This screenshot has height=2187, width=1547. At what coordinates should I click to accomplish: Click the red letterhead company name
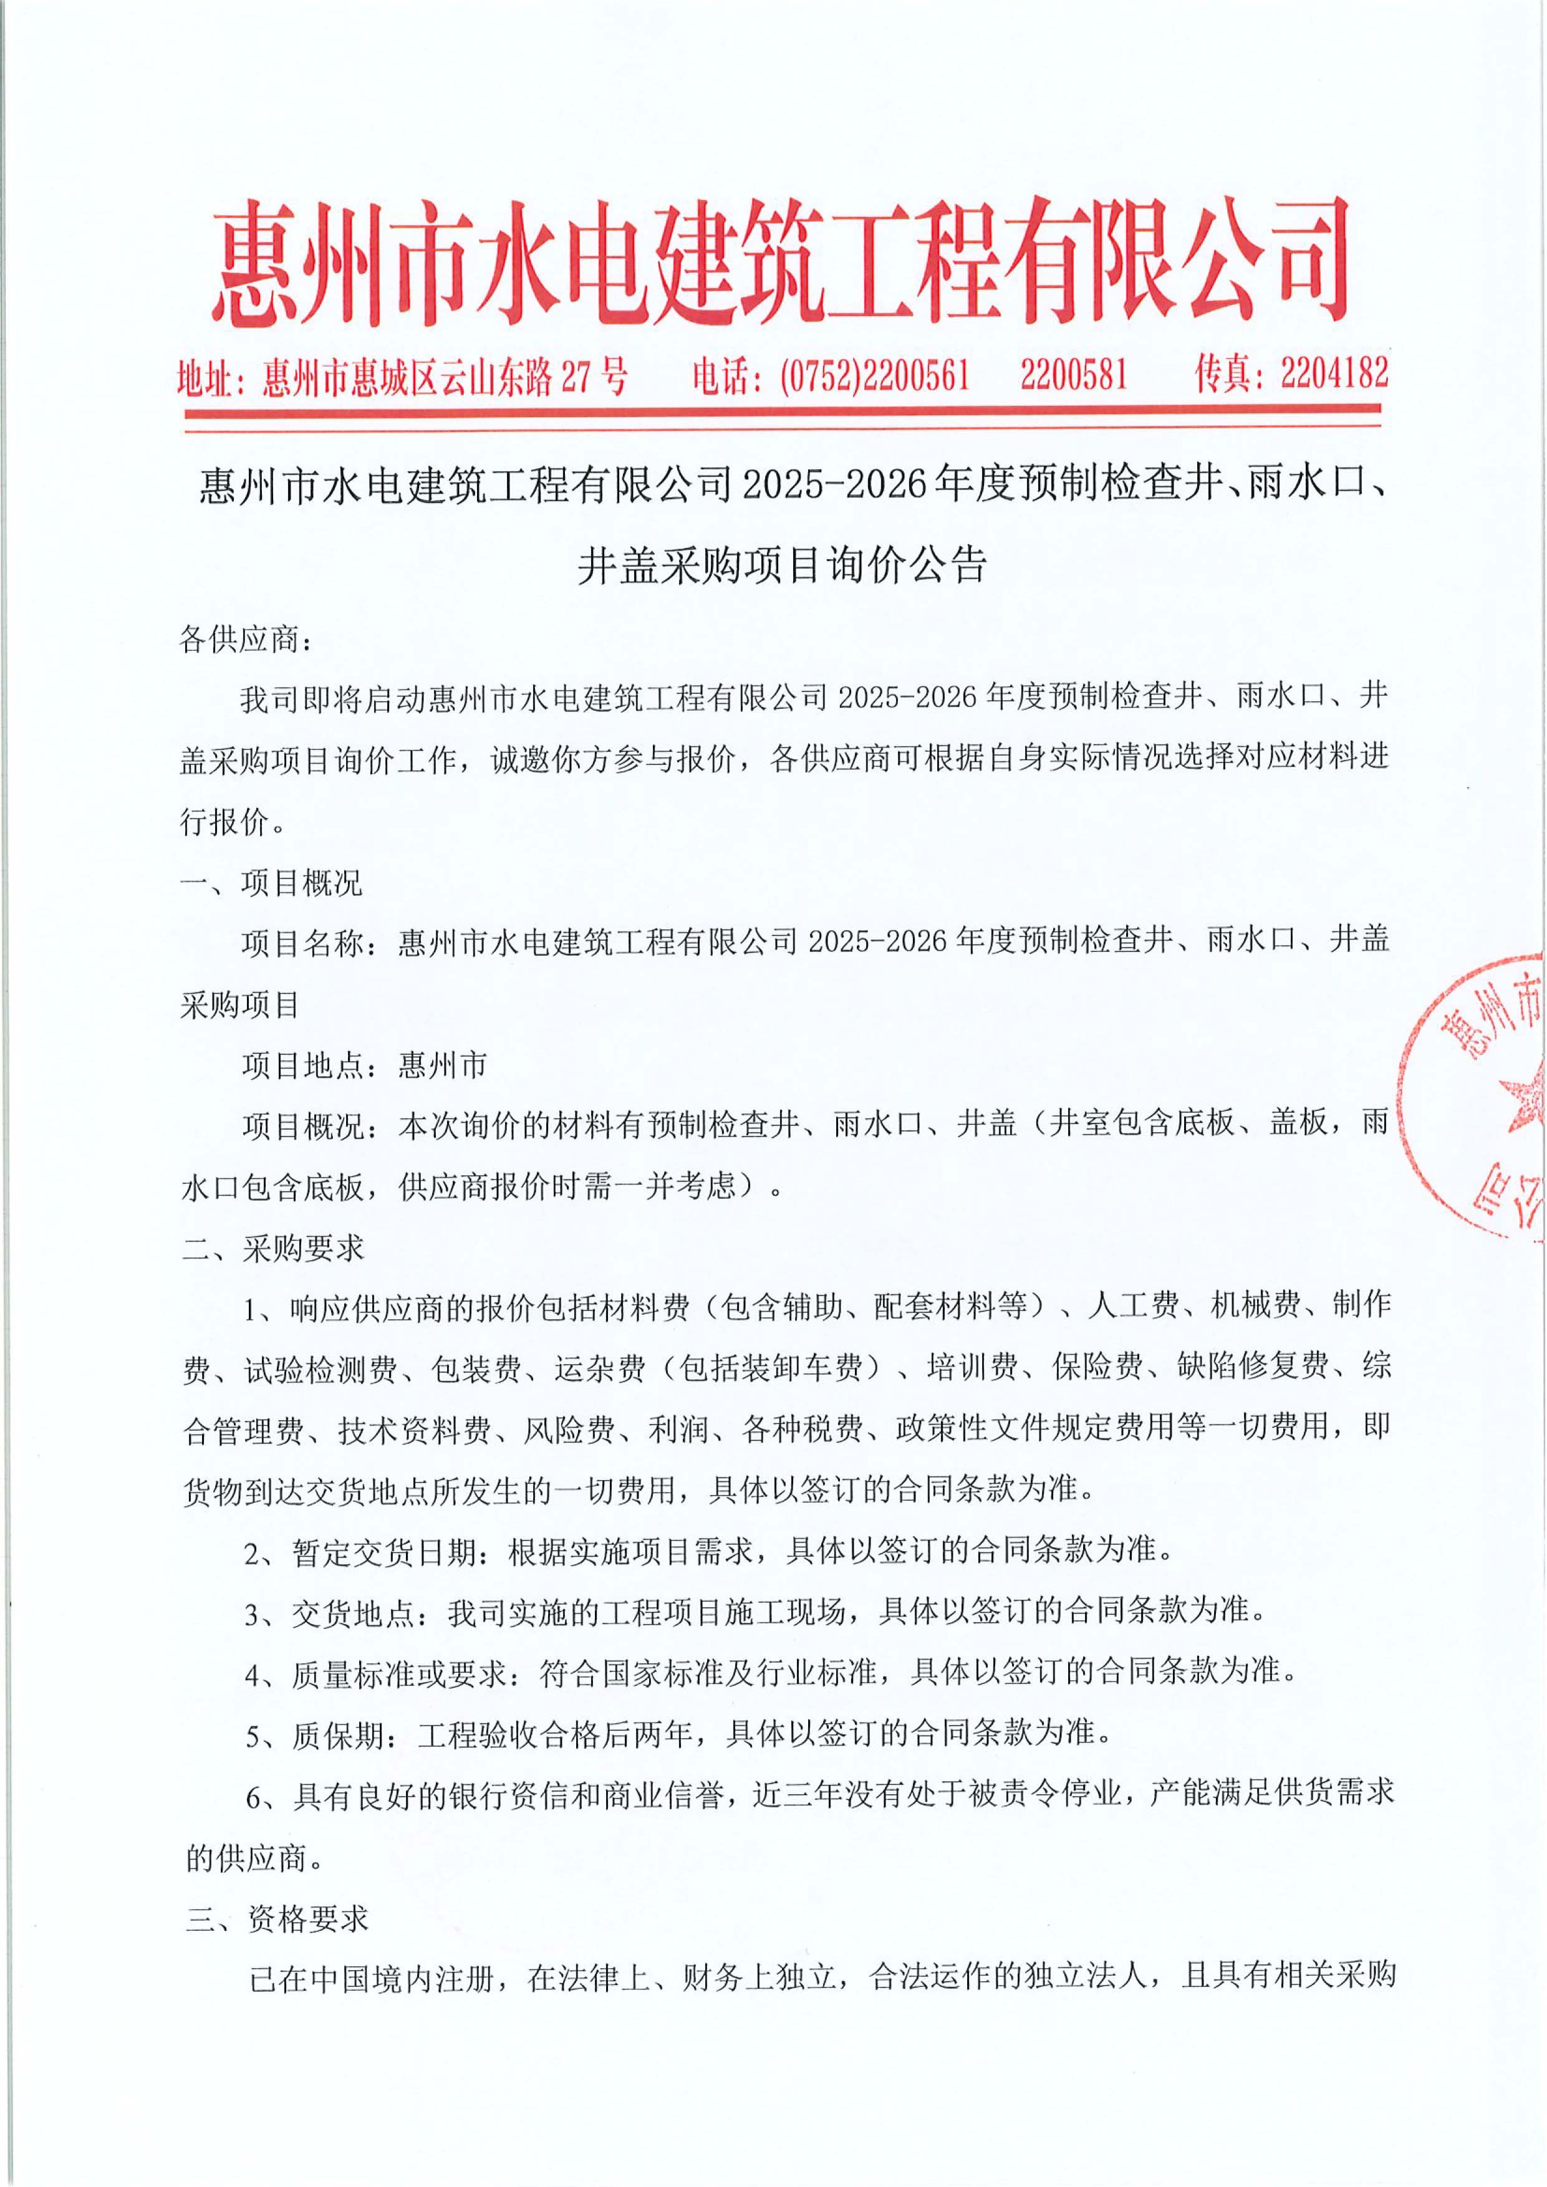pos(779,262)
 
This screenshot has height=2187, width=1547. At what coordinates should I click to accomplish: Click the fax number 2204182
pos(1334,374)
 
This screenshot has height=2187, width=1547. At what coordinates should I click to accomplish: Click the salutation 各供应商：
pos(246,640)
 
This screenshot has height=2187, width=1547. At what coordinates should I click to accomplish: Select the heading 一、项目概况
pos(271,883)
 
